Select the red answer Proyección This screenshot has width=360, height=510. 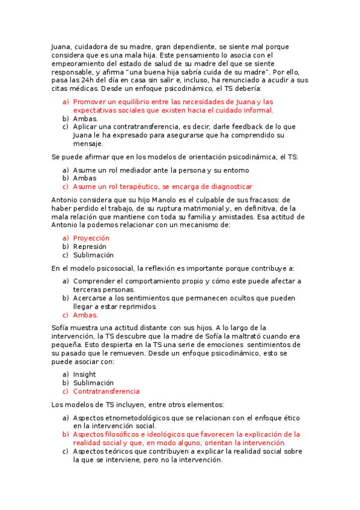point(91,238)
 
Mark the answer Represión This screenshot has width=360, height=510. point(90,247)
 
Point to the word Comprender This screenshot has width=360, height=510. point(94,281)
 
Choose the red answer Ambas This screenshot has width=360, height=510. point(85,315)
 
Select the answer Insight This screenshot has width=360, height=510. point(84,374)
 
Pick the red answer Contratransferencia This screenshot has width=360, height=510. point(106,391)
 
